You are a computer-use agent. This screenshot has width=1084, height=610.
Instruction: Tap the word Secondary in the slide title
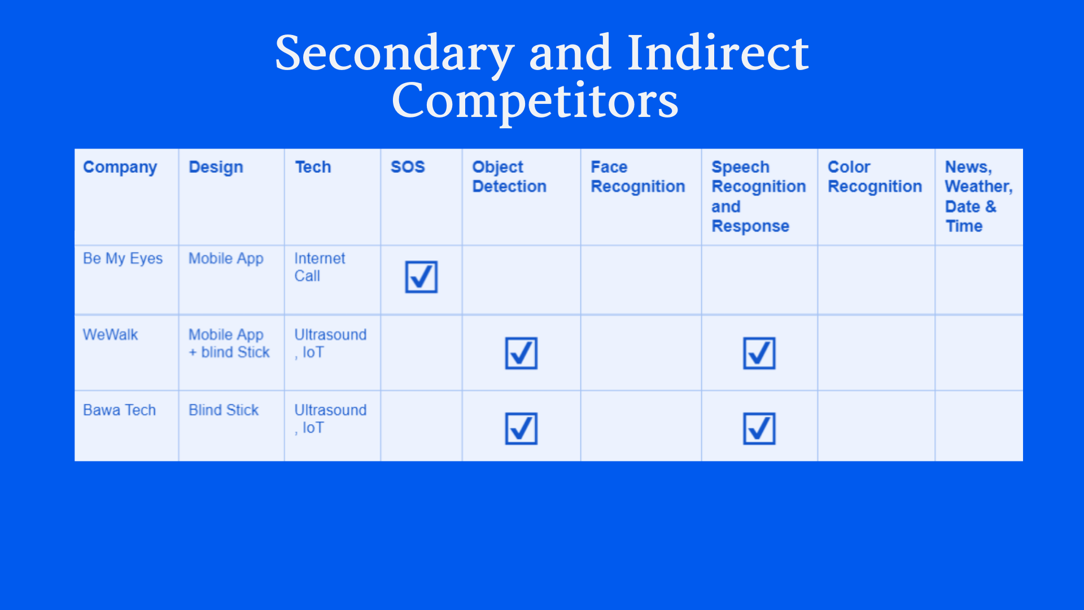point(395,54)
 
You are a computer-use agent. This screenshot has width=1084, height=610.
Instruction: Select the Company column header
point(120,168)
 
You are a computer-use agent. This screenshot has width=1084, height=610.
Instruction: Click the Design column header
point(216,167)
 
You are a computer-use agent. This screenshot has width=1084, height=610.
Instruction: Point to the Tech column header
point(313,167)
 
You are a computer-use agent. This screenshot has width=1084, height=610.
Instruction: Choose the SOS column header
point(408,167)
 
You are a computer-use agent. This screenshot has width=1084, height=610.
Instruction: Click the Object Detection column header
point(509,177)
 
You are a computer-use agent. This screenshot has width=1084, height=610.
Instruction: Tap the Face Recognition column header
point(638,177)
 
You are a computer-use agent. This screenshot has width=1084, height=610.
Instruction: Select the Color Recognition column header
point(875,177)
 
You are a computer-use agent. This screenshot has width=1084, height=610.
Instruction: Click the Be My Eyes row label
point(123,259)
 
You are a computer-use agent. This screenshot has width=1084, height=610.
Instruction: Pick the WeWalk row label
point(110,335)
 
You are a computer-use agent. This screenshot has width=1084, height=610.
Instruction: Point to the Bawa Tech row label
point(119,410)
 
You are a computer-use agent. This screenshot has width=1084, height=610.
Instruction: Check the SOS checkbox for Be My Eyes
point(421,277)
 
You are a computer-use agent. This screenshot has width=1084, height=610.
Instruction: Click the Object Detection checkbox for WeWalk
point(521,353)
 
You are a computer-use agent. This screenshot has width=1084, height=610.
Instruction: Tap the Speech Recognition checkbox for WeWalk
point(759,353)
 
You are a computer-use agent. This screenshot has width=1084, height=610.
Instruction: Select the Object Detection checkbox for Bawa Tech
point(521,429)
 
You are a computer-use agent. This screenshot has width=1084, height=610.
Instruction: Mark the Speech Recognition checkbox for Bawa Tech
point(759,429)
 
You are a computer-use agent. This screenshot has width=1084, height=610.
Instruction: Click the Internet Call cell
point(320,267)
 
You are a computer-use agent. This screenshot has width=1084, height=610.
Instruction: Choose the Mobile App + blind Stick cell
point(229,343)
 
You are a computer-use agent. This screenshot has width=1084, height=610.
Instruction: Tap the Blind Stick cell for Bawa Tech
point(224,410)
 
